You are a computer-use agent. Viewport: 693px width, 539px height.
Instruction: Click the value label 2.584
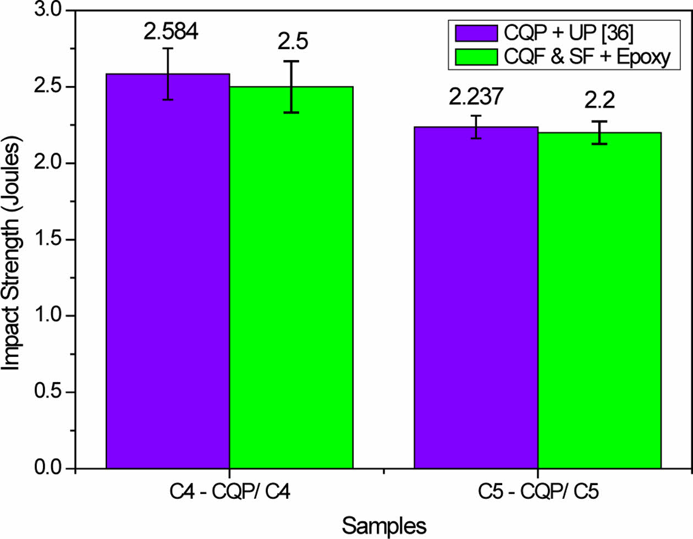click(170, 31)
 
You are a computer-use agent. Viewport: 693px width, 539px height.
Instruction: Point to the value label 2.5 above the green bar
click(293, 42)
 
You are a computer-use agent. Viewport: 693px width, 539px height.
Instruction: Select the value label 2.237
click(476, 97)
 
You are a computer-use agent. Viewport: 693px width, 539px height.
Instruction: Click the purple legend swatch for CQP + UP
click(476, 33)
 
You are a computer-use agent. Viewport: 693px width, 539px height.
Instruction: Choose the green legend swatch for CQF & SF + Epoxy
click(476, 57)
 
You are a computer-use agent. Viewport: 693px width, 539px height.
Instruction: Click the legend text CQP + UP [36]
click(568, 33)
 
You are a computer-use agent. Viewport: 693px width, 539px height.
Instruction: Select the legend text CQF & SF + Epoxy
click(587, 57)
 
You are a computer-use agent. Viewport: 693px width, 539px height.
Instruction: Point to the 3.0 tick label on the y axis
click(48, 11)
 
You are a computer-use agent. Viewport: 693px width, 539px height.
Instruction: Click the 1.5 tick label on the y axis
click(48, 240)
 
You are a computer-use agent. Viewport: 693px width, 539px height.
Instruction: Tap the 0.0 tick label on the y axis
click(48, 469)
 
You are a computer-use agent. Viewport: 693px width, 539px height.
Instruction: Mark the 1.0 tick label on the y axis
click(48, 316)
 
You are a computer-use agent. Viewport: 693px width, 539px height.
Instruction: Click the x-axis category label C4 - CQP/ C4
click(229, 491)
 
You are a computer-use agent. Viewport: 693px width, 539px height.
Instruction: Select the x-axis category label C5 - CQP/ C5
click(537, 491)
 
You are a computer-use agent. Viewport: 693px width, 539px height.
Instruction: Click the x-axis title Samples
click(384, 525)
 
